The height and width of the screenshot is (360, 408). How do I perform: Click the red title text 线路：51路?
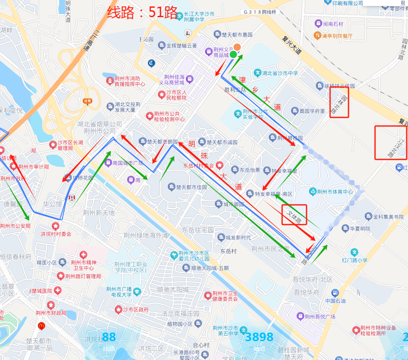coord(142,13)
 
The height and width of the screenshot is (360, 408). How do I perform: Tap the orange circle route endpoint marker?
coord(237,48)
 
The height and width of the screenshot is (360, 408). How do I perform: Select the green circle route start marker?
coord(233,54)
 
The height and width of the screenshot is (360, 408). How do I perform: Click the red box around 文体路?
coord(294,215)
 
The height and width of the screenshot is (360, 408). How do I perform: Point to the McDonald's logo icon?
coord(42,326)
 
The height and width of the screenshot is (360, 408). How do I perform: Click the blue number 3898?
coord(259,337)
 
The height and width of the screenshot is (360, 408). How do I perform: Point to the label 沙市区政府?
coord(135,309)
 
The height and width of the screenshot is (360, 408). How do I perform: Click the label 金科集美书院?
coord(387,217)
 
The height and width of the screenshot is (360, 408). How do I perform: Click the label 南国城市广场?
coord(127,163)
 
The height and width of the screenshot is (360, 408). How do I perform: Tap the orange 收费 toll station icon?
coord(87,101)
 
